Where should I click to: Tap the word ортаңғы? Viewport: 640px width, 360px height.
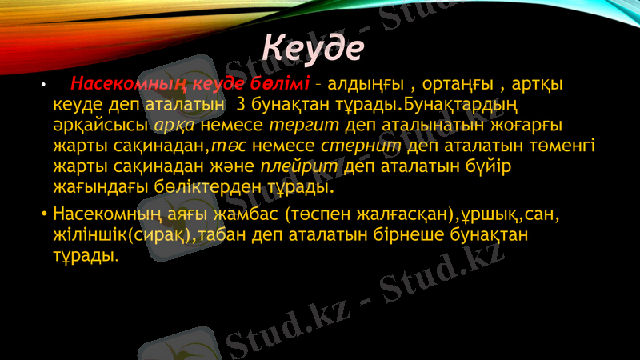click(458, 84)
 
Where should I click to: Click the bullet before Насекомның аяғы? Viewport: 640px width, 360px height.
click(44, 215)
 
